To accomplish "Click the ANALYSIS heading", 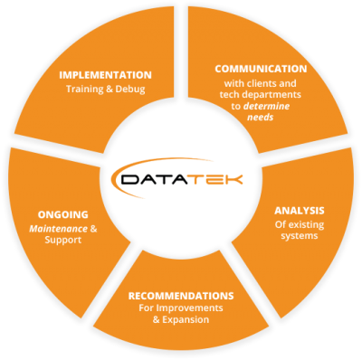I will [300, 211].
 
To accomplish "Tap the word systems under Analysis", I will [300, 237].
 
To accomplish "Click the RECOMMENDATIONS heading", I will [182, 296].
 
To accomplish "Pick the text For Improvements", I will [182, 309].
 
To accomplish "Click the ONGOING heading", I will [63, 214].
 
